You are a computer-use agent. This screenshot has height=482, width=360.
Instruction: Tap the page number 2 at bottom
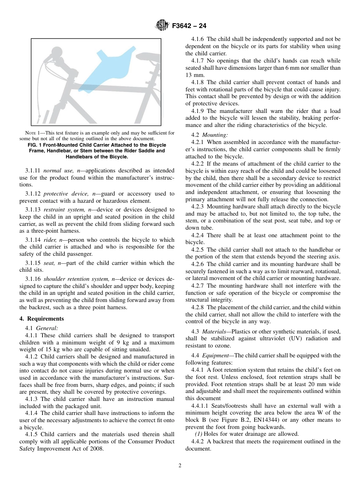tap(180, 466)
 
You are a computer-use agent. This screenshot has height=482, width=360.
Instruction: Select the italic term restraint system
tap(59, 210)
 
